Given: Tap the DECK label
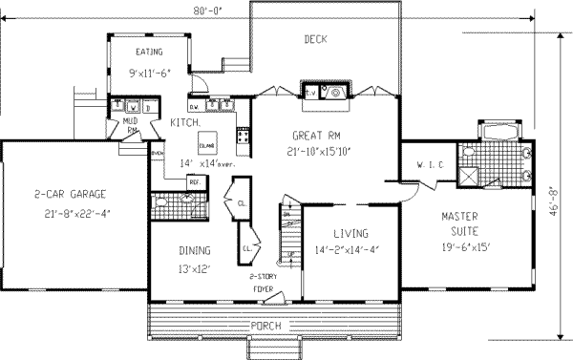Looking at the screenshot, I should [x=316, y=39].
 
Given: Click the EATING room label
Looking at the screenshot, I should [x=148, y=52].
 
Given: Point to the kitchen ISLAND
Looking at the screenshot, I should [x=206, y=144].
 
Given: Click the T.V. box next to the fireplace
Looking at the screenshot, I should [x=311, y=92].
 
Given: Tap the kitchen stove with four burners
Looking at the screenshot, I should [x=243, y=142].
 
